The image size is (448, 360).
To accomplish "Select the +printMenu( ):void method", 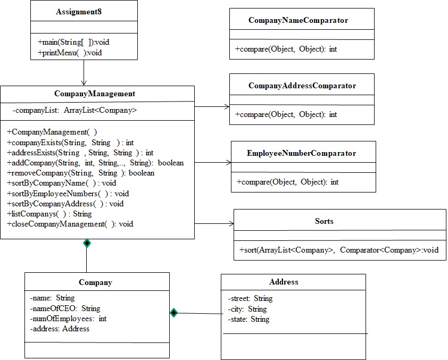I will click(70, 53).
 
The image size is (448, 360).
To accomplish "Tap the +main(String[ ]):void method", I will click(73, 42).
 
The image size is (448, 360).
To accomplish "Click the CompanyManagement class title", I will click(95, 94).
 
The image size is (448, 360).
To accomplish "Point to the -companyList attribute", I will click(75, 111).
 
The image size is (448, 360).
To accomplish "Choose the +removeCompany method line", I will click(81, 173).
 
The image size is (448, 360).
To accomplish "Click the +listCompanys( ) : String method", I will click(49, 214).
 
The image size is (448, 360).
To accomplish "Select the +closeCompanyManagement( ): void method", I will click(70, 224).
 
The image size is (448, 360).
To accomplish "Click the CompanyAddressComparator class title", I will click(302, 86).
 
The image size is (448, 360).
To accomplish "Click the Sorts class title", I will click(324, 221).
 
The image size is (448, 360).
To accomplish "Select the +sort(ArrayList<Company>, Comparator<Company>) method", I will click(339, 249).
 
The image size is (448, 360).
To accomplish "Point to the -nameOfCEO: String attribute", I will click(65, 308).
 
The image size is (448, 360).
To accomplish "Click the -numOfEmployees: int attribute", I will click(68, 319).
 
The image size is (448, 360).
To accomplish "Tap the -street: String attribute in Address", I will click(250, 298).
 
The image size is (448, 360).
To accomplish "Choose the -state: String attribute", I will click(248, 319).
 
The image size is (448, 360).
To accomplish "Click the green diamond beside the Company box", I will click(173, 313).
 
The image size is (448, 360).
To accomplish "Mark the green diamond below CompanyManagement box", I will click(87, 243).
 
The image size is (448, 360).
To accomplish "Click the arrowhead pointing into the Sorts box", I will click(230, 224).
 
